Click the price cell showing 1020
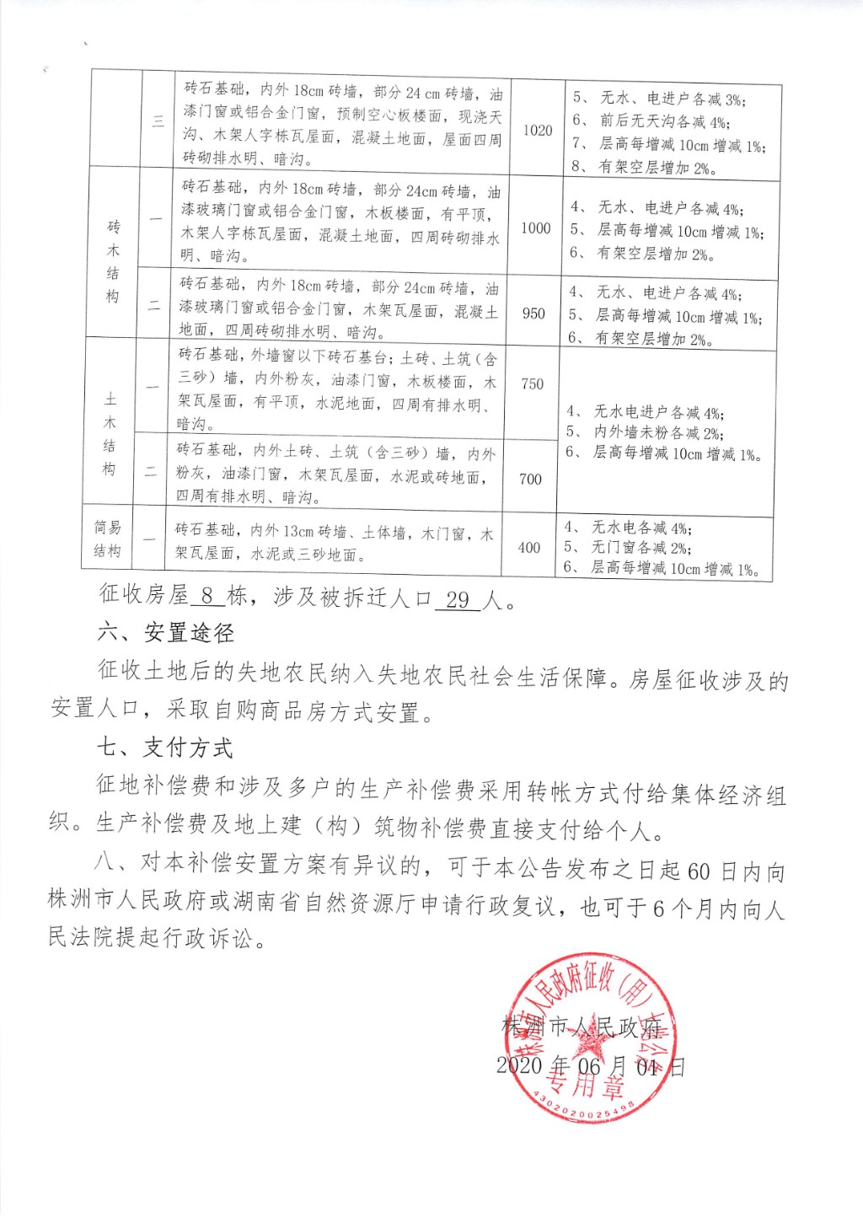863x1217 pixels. [x=537, y=130]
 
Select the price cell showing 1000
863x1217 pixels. [x=535, y=228]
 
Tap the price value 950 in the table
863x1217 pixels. [x=533, y=313]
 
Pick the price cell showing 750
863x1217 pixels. [x=532, y=383]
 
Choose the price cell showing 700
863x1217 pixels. [x=530, y=479]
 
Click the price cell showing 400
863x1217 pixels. [x=528, y=547]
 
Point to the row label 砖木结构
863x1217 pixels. [x=113, y=261]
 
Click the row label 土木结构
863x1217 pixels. [x=110, y=433]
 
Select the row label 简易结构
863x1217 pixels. [x=107, y=539]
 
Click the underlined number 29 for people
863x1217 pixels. [x=458, y=599]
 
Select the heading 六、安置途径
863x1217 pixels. [x=165, y=632]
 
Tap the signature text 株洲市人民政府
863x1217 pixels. [x=582, y=1027]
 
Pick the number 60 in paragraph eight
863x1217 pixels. [x=699, y=870]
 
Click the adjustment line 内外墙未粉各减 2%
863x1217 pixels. [x=657, y=432]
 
